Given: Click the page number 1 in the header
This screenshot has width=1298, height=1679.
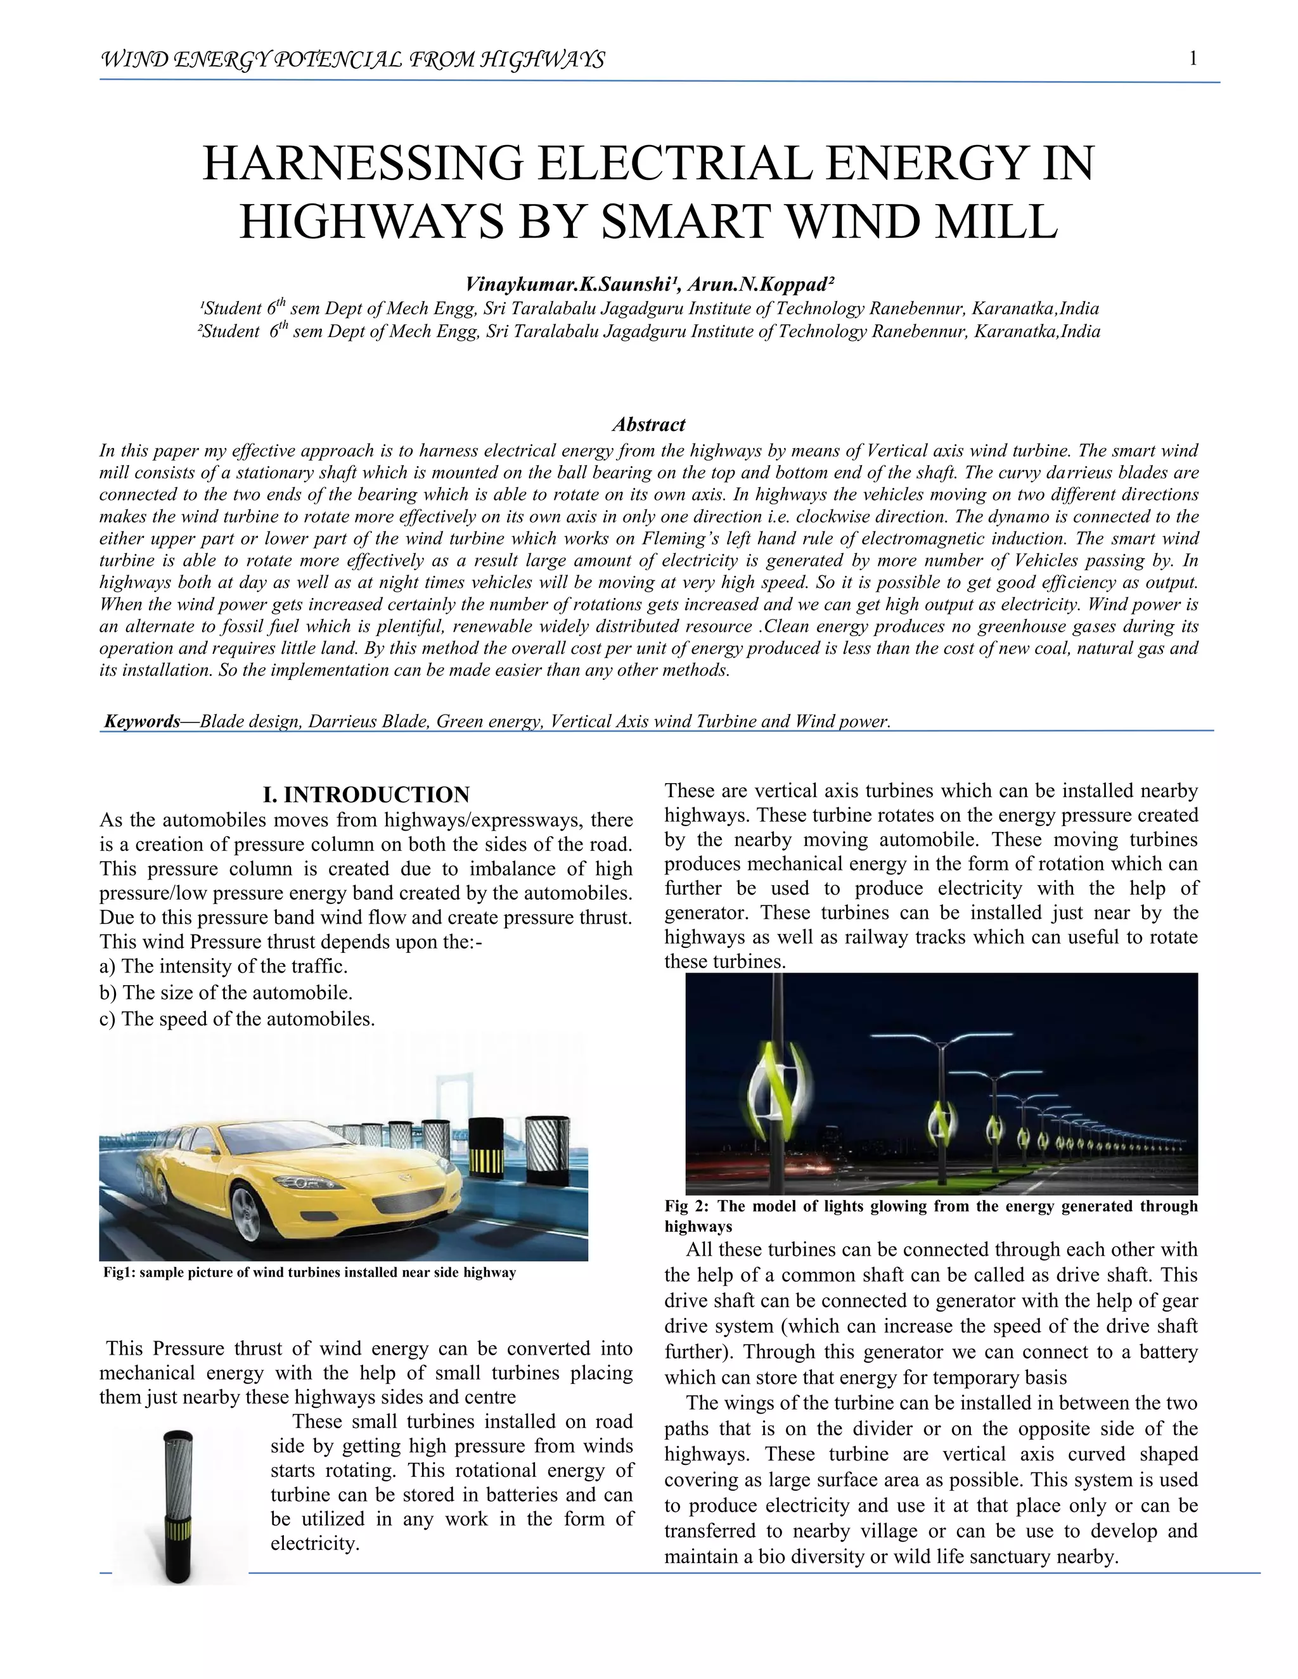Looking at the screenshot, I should pyautogui.click(x=1193, y=58).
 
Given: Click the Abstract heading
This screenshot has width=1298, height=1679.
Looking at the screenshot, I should pyautogui.click(x=648, y=425).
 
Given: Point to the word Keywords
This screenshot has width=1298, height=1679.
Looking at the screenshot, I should pyautogui.click(x=141, y=721).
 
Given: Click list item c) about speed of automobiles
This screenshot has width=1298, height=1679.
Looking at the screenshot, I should pyautogui.click(x=237, y=1019).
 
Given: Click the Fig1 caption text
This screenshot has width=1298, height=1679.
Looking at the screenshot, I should pyautogui.click(x=309, y=1272).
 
